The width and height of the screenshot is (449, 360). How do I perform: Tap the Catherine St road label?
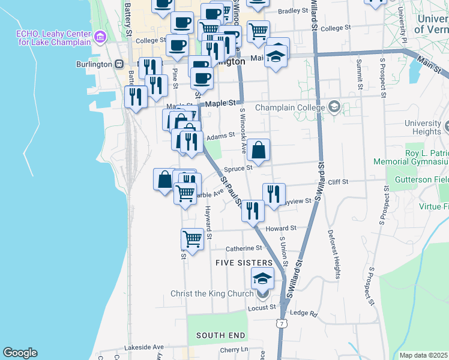coord(244,248)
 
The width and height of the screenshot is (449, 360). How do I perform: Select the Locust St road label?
coord(262,308)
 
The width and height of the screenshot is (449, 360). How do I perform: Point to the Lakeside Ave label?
coord(143,347)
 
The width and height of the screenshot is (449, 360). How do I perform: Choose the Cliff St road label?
coord(338,181)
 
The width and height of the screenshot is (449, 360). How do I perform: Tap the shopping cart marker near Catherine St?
coord(192,239)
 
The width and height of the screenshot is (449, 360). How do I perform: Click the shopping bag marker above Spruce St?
coord(258,151)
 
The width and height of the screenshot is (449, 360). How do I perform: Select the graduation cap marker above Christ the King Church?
coord(262,278)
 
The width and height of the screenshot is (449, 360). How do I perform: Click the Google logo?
coord(20,353)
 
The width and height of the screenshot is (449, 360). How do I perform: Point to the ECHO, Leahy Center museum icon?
coord(100,38)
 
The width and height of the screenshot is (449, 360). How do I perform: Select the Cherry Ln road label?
coord(234,350)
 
